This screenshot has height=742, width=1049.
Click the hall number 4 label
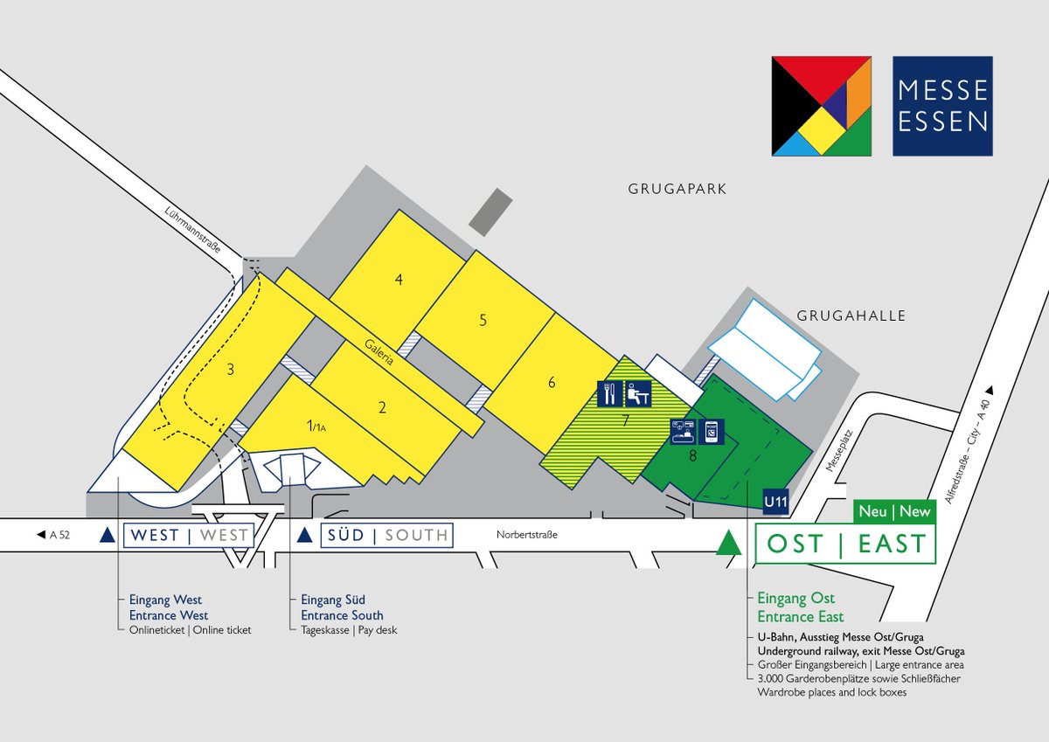tap(399, 281)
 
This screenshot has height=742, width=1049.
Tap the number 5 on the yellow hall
tap(483, 321)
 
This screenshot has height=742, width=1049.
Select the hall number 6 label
tap(552, 382)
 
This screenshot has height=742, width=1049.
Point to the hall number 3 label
tap(230, 370)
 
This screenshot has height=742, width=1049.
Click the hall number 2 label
tap(382, 406)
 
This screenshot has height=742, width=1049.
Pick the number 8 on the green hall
tap(692, 454)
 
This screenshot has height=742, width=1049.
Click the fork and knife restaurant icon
tap(609, 394)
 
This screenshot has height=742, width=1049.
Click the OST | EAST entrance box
tap(845, 544)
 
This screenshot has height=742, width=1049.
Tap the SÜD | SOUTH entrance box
tap(386, 535)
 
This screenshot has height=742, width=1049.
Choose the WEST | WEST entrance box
tap(188, 535)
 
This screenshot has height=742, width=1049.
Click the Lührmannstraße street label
tap(191, 231)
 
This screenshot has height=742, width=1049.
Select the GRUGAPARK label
tap(677, 189)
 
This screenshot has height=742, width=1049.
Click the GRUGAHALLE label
tap(851, 316)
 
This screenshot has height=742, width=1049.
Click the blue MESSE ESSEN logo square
tap(942, 106)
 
